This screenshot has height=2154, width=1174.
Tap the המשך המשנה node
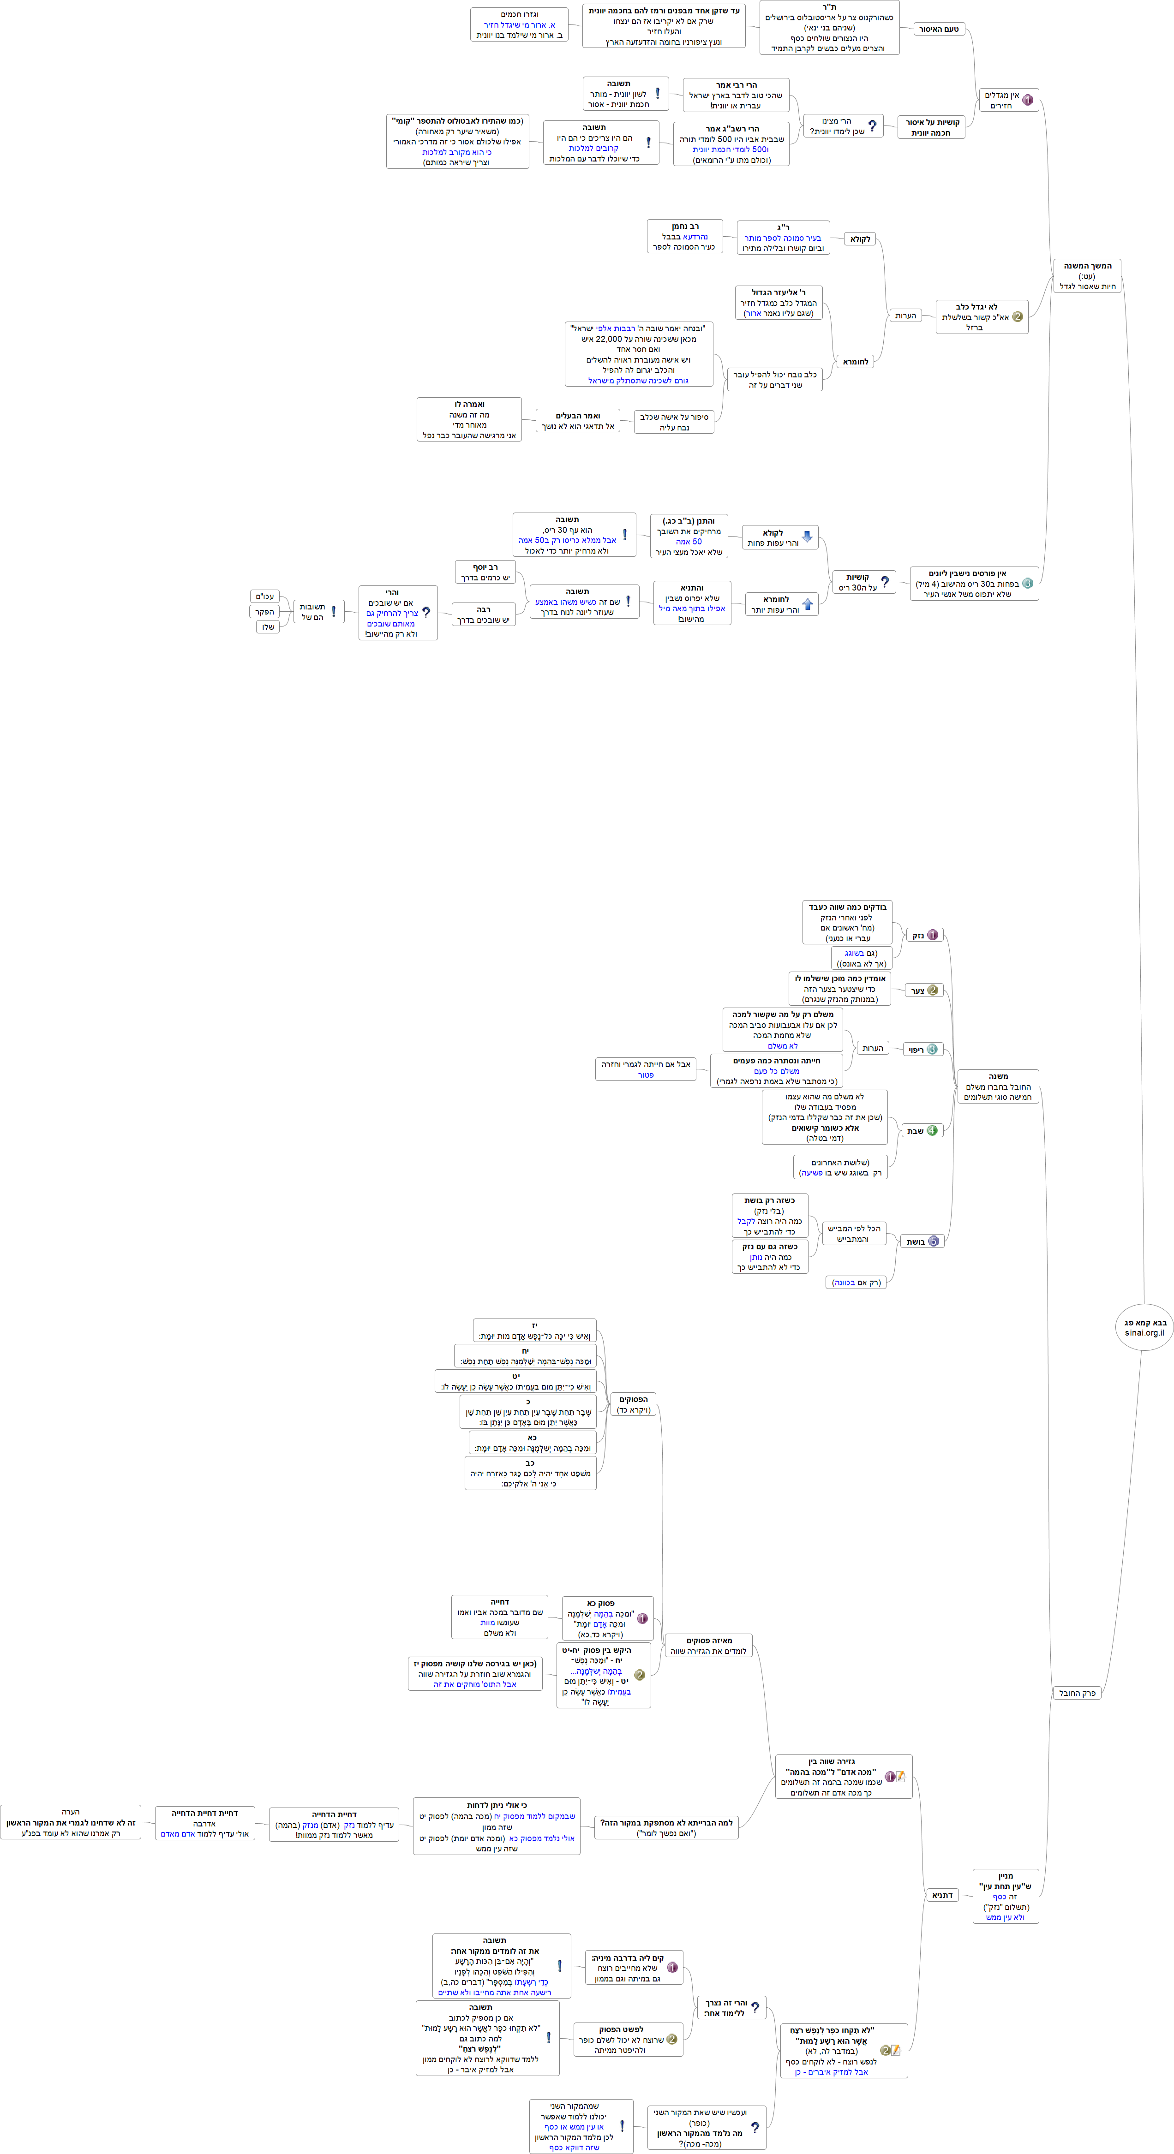(1087, 276)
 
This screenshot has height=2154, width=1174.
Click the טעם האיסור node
(938, 29)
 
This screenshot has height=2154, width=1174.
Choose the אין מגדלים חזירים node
(1009, 101)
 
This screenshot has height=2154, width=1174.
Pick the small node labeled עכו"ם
(265, 596)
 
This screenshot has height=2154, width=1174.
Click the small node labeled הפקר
(265, 611)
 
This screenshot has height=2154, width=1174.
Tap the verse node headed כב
(530, 1473)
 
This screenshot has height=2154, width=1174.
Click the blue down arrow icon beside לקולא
(807, 536)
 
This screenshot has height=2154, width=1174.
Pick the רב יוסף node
(485, 572)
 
